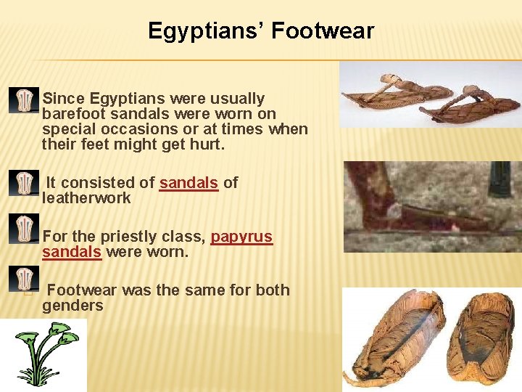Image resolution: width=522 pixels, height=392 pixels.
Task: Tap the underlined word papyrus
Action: click(241, 237)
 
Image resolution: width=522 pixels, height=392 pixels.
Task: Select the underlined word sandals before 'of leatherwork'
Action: click(188, 183)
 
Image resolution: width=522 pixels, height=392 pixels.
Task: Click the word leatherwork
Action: click(86, 198)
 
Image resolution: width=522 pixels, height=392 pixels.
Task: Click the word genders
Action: click(72, 306)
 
